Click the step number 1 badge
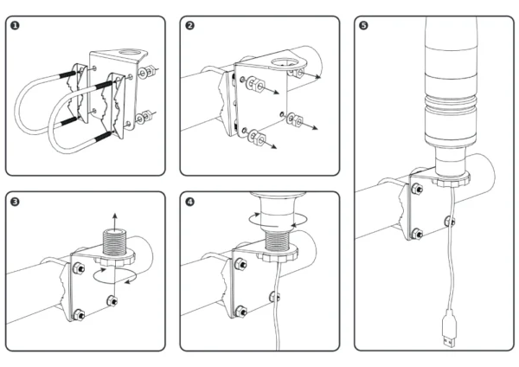click(15, 26)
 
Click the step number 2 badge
click(189, 26)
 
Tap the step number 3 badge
click(15, 202)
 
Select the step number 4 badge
click(189, 202)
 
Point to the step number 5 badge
click(362, 26)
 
